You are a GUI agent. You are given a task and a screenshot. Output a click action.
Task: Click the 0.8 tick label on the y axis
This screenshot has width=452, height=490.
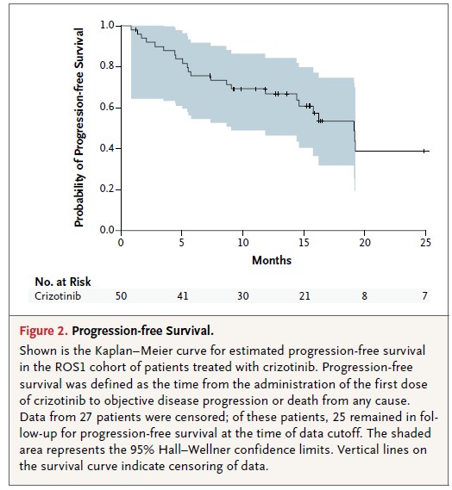coord(106,65)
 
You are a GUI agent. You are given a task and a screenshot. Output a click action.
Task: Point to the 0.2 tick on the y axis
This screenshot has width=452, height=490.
coord(118,189)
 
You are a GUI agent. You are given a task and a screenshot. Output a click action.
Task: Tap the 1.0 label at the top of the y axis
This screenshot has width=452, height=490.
coord(107,25)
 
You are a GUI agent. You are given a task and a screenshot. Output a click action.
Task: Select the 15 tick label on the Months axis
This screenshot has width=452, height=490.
coord(304,242)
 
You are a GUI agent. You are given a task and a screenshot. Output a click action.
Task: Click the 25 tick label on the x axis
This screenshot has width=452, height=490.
coord(425,242)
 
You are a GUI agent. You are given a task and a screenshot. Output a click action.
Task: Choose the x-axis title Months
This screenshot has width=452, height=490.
coord(272,260)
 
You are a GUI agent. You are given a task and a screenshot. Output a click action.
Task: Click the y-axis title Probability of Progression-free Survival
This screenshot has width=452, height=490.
coord(79,127)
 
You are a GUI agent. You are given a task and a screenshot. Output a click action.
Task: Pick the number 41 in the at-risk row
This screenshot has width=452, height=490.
coord(183,295)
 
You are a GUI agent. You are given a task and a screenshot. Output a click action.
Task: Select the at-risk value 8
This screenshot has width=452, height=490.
coord(364,295)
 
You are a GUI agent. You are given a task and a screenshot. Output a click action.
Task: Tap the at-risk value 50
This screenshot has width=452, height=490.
coord(121,295)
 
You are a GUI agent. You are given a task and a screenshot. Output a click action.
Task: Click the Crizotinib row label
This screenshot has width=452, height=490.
coord(58,295)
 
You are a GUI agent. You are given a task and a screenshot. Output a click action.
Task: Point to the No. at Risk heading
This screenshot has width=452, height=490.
coord(63,282)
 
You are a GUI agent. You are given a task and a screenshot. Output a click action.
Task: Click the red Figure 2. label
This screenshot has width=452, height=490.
coord(43,331)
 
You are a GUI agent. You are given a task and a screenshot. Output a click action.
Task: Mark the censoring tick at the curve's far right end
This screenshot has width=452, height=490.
coord(424,152)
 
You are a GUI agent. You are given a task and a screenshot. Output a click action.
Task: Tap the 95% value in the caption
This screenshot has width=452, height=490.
coord(143,450)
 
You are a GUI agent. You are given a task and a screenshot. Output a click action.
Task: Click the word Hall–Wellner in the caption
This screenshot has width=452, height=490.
coord(194,450)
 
